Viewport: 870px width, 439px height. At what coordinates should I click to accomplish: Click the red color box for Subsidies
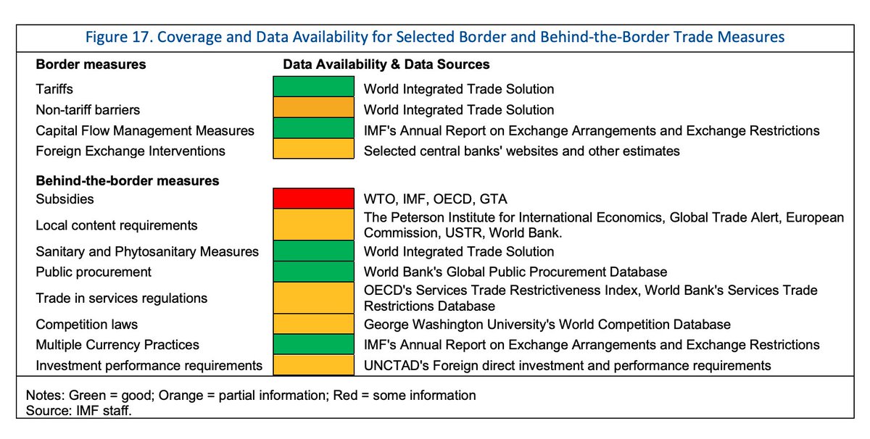312,198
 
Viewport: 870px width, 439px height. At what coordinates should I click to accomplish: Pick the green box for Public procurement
312,272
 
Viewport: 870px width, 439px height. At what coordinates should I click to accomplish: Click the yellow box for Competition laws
312,324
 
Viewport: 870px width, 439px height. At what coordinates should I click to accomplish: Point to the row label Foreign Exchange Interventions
130,151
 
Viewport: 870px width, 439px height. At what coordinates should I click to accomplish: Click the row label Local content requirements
116,225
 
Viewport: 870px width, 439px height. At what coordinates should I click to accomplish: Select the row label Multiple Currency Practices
117,345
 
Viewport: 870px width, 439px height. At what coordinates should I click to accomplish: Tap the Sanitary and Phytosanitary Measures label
147,251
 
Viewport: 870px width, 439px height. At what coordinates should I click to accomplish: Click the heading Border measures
91,64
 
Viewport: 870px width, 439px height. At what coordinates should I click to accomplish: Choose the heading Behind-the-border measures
128,180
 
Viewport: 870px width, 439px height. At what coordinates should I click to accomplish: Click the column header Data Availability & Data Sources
386,64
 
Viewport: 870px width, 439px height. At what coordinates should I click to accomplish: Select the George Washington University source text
547,325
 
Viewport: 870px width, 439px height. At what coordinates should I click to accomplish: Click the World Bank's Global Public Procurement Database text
515,272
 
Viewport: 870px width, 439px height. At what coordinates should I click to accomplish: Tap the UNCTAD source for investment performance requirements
567,365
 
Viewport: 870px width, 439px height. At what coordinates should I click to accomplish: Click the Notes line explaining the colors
250,396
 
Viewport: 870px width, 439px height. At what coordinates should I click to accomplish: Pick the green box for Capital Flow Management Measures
312,130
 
